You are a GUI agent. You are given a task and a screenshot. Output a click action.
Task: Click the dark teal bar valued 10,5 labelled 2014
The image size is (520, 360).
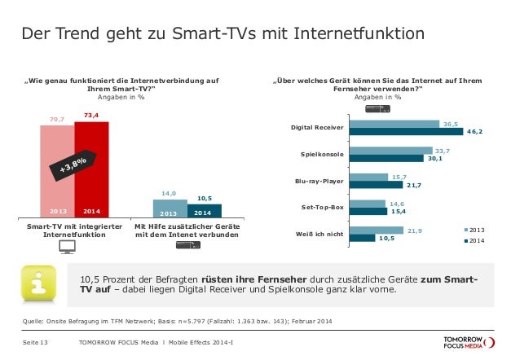pyautogui.click(x=204, y=211)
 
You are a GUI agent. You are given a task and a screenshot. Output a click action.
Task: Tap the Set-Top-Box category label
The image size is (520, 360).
pyautogui.click(x=322, y=208)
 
